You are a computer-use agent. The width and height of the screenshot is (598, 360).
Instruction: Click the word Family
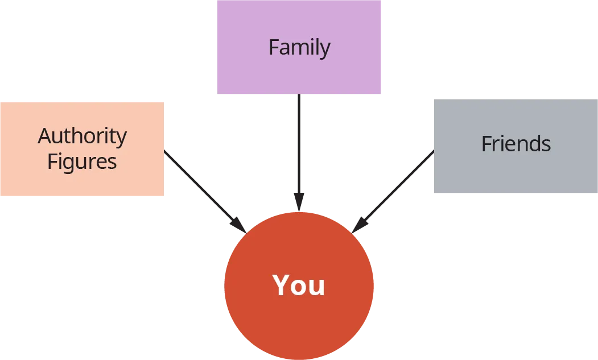(299, 48)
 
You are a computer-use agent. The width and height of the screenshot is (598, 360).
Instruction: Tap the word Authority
(83, 136)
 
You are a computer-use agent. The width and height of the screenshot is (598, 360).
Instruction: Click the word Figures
(82, 162)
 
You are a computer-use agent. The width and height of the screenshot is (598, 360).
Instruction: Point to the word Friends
(515, 144)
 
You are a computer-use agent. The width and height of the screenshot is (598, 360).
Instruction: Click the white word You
(299, 285)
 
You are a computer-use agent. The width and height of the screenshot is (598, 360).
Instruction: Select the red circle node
(299, 324)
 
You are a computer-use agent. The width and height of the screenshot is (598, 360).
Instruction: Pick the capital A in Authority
(45, 136)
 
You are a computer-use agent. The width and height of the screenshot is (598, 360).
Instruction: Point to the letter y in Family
(324, 50)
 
